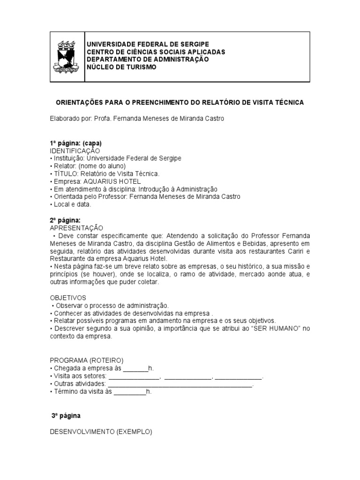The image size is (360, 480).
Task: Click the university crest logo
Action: click(x=66, y=56)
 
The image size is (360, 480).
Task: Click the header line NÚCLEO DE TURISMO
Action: click(x=121, y=67)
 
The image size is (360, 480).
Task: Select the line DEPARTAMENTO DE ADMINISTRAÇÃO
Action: click(x=147, y=59)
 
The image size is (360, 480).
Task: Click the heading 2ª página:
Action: click(x=65, y=220)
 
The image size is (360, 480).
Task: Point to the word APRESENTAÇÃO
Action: click(x=76, y=227)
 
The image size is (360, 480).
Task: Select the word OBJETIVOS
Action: click(x=68, y=298)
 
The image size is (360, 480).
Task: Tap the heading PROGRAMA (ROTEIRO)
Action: click(x=87, y=360)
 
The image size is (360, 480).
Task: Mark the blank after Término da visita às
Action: click(x=130, y=391)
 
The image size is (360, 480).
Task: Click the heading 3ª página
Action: click(x=66, y=415)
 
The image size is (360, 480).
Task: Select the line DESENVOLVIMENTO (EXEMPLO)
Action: click(x=101, y=432)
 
